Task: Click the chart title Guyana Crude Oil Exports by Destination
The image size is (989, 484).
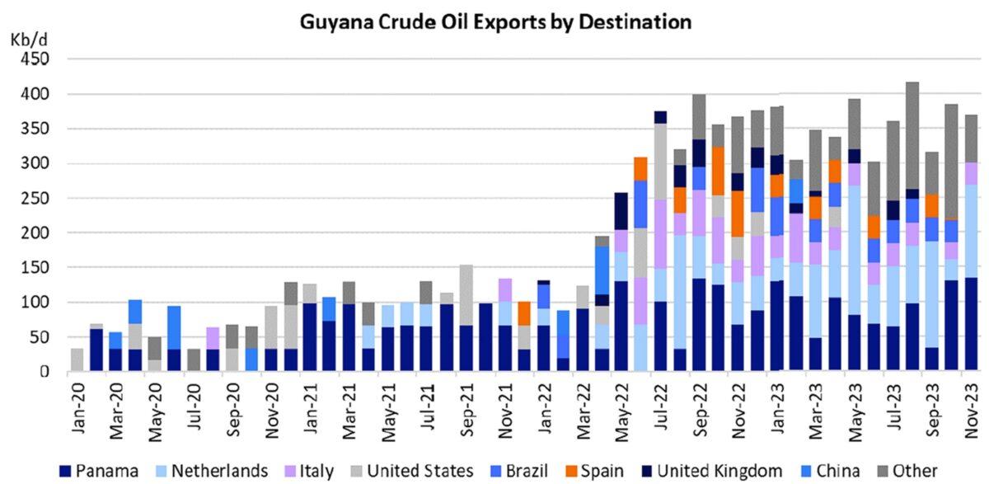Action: click(494, 21)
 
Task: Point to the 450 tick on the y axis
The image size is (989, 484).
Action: click(35, 59)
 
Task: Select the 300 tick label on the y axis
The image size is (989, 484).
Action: click(35, 164)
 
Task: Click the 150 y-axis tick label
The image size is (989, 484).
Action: click(35, 268)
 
